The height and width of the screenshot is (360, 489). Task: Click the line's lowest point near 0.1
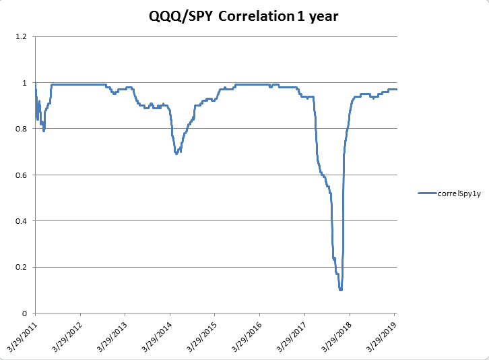[x=341, y=290]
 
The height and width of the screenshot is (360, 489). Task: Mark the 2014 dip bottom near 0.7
[x=176, y=154]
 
